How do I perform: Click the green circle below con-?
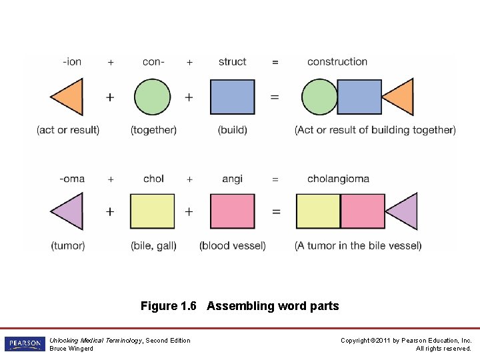click(152, 97)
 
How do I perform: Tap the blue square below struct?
click(232, 97)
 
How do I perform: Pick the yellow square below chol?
click(152, 211)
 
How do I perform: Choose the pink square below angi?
click(232, 211)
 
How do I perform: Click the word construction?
click(337, 62)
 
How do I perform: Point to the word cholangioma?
click(338, 179)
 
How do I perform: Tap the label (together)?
click(153, 130)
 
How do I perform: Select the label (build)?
click(232, 130)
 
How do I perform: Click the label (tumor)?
click(68, 245)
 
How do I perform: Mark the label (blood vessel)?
click(232, 245)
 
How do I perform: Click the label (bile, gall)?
click(153, 245)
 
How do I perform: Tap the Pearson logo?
click(25, 344)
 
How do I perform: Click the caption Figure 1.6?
click(168, 307)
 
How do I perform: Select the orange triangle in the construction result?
click(400, 97)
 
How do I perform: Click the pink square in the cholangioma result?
click(363, 211)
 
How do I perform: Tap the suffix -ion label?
click(72, 62)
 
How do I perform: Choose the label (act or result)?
click(68, 130)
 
